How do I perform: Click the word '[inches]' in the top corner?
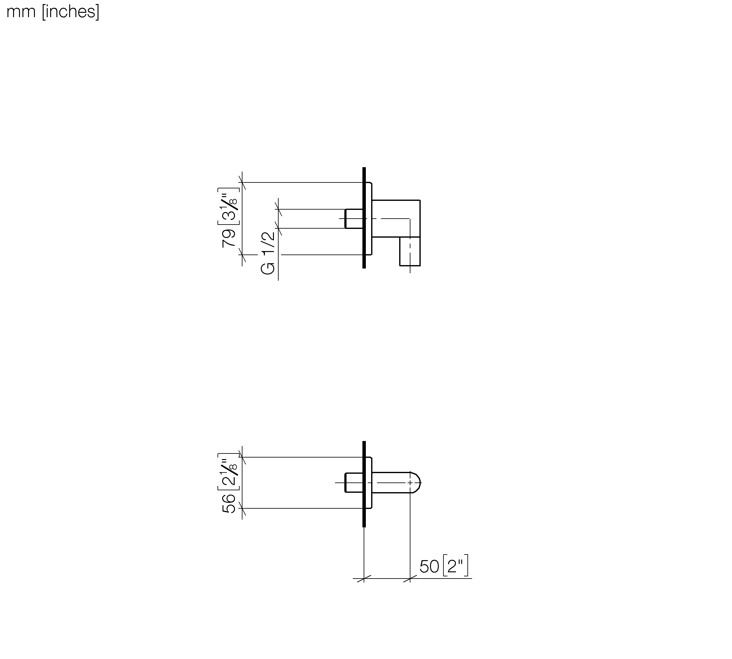coord(70,12)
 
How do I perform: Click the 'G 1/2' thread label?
coord(268,253)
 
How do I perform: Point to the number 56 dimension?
coord(229,503)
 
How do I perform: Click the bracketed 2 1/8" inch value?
coord(229,472)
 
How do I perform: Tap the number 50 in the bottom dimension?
coord(429,567)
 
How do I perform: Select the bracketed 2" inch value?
coord(456,565)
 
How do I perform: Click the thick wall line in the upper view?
coord(364,218)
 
